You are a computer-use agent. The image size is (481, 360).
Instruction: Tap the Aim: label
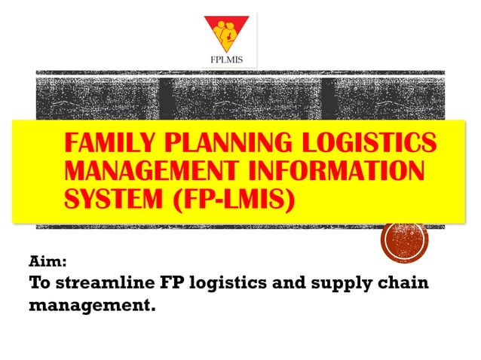point(48,263)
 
